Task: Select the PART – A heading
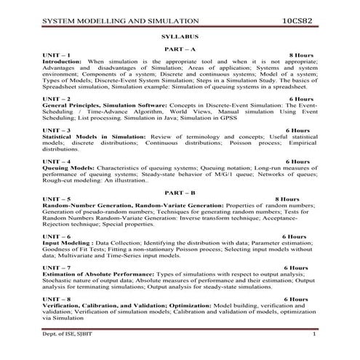178,47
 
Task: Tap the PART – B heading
178,191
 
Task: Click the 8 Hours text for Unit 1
300,55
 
